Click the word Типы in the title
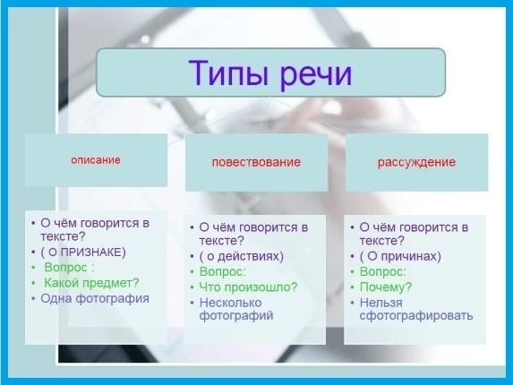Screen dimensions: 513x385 coord(229,73)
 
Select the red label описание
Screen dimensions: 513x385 coord(96,160)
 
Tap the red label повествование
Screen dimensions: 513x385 coord(256,162)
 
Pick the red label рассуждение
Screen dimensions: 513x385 coord(416,163)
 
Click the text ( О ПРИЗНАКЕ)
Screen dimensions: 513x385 coord(83,252)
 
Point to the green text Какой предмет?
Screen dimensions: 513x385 coord(91,283)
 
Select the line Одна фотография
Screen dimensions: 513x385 coord(95,298)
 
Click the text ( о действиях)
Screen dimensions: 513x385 coord(242,256)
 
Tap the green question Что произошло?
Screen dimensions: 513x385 coord(248,287)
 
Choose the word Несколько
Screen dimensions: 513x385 coord(231,303)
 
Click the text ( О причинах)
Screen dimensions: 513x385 coord(400,256)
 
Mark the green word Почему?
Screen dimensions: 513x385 coord(386,287)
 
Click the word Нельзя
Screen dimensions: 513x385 coord(381,303)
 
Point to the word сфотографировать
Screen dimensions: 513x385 coord(416,316)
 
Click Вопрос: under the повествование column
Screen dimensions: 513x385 coord(222,271)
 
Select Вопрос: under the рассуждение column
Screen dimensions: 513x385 coord(383,271)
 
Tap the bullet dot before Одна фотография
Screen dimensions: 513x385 coord(33,298)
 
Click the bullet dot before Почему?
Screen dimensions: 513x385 coord(353,287)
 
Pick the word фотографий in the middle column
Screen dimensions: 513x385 coord(236,316)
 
